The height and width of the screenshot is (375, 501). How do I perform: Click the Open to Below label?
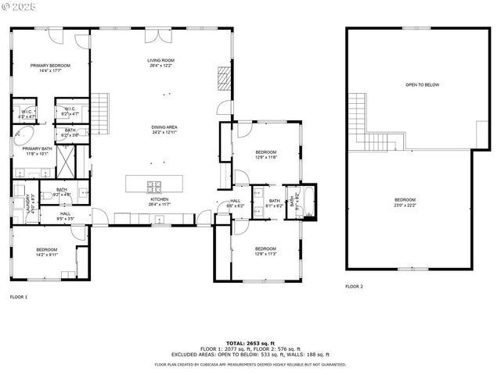click(x=421, y=84)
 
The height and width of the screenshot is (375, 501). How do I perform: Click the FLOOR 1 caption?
click(x=18, y=297)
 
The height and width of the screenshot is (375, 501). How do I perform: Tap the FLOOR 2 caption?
click(x=354, y=286)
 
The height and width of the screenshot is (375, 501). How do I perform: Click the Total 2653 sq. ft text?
click(x=250, y=343)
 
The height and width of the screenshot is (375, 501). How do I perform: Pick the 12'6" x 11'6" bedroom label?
click(x=266, y=154)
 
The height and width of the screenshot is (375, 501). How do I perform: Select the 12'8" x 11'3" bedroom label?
click(x=266, y=251)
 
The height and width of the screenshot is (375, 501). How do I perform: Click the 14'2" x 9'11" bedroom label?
click(x=46, y=252)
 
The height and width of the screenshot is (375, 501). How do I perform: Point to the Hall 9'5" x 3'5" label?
click(x=65, y=216)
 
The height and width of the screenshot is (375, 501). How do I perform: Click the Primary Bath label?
click(x=37, y=151)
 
